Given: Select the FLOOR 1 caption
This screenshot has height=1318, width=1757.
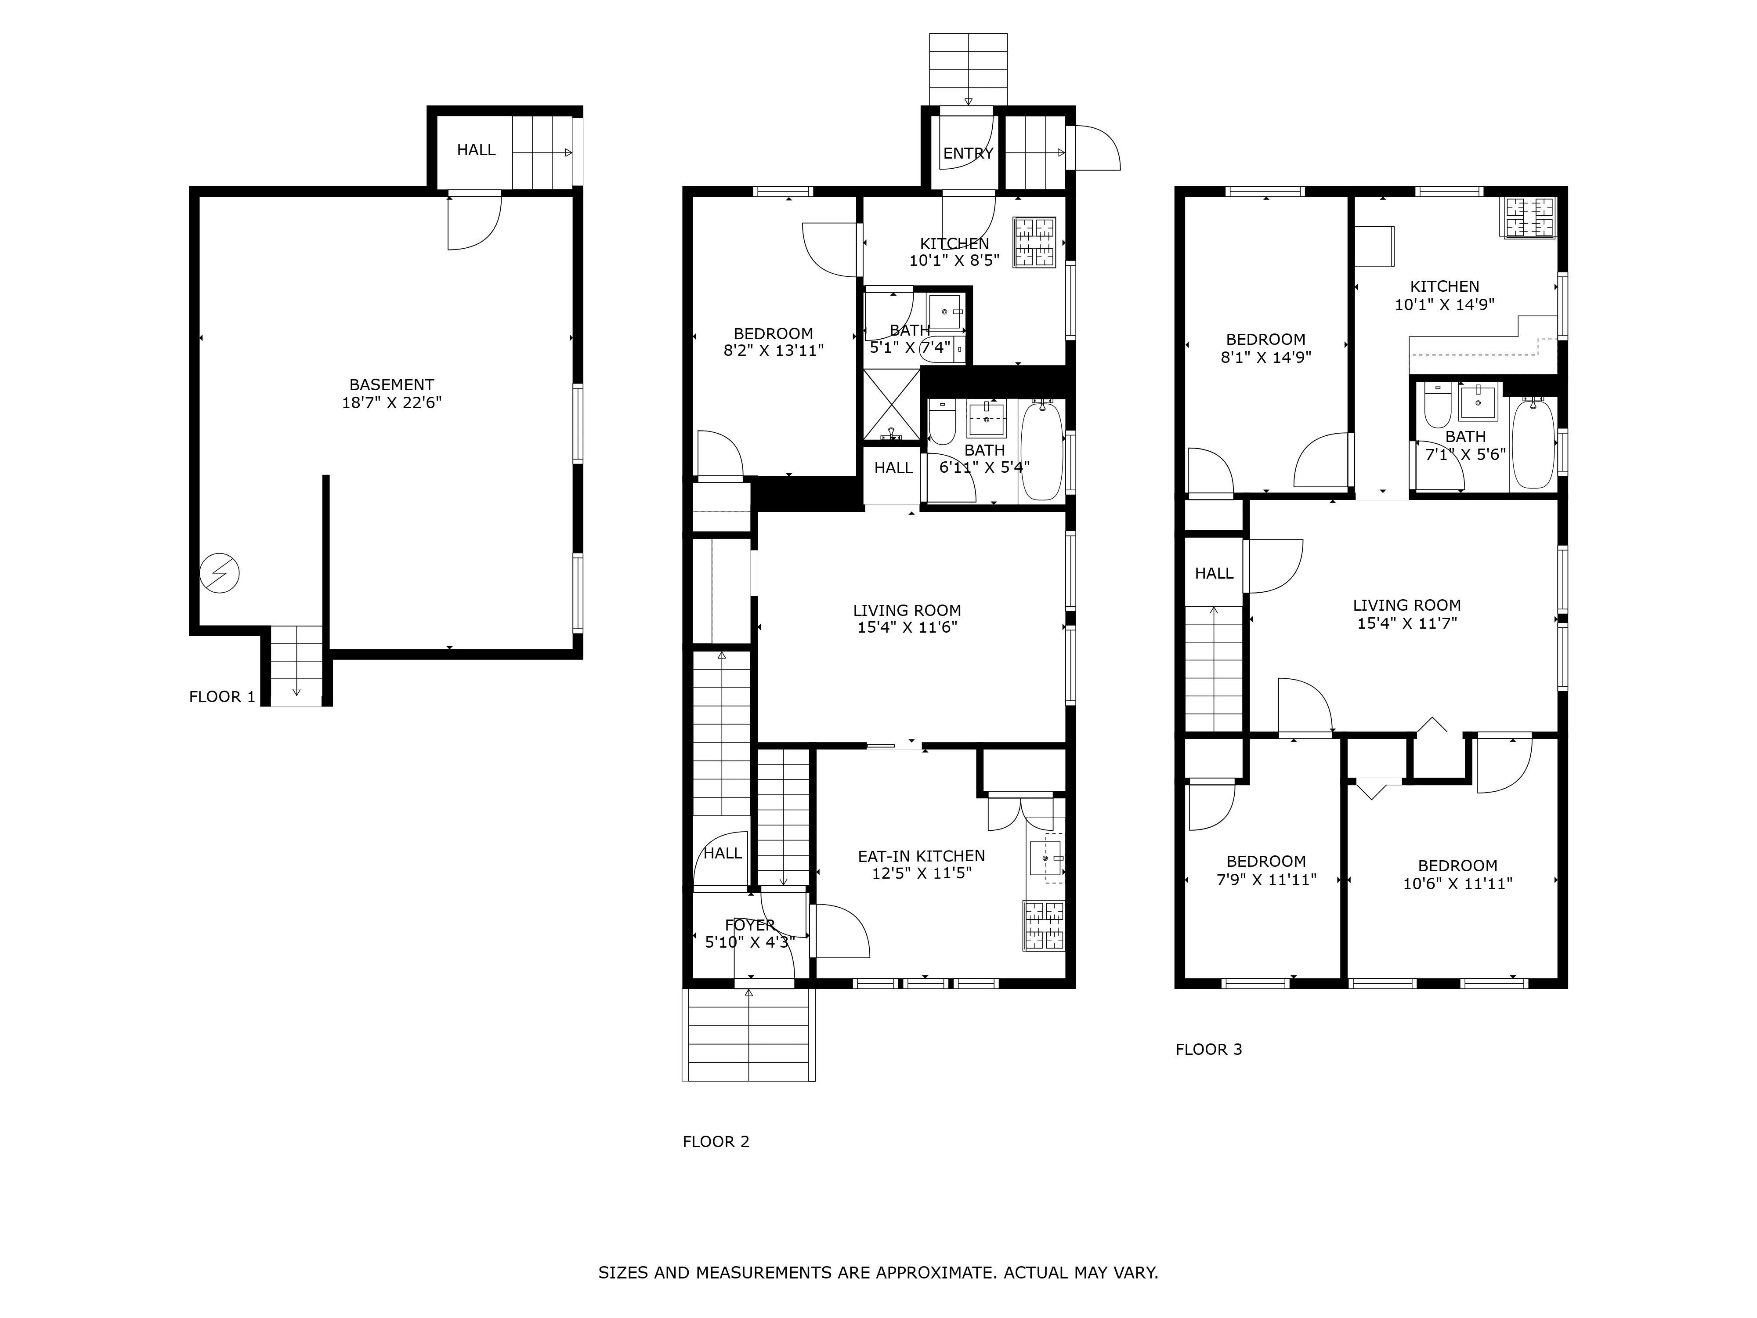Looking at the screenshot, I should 222,697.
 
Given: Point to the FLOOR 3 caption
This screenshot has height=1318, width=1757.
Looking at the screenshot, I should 1208,1050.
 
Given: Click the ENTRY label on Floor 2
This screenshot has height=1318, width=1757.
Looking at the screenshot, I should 968,153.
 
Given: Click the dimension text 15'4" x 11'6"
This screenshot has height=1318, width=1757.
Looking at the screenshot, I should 907,628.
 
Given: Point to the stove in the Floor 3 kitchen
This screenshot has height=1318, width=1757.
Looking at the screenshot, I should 1529,217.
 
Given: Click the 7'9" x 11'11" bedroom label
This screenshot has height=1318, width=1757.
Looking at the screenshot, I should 1266,861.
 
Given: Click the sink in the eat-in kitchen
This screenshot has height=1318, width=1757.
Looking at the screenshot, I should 1045,858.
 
